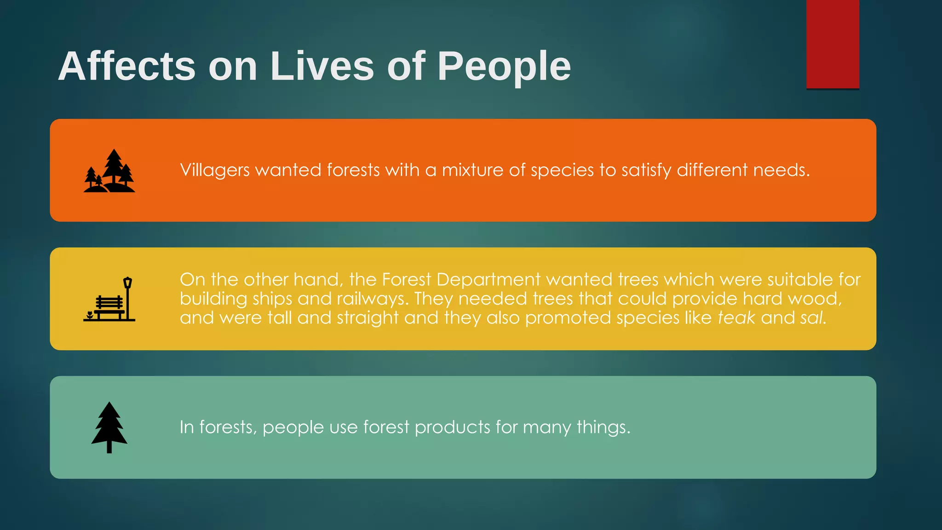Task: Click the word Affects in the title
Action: coord(126,67)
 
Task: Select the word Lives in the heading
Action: coord(322,67)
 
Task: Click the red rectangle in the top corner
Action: coord(833,44)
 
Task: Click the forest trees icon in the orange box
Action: coord(109,171)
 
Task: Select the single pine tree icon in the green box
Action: coord(109,427)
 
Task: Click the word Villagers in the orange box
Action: coord(215,170)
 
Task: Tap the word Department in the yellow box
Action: coord(488,280)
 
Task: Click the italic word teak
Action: coord(736,318)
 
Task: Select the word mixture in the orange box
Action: coord(472,170)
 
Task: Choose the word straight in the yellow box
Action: coord(368,318)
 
